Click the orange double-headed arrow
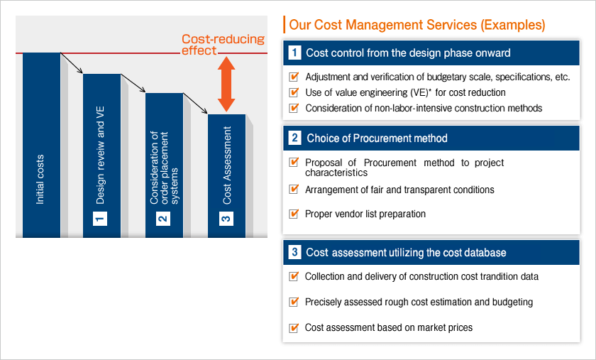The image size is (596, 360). coord(226,84)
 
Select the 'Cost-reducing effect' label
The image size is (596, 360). coord(223,45)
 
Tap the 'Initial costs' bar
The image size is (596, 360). coord(41,145)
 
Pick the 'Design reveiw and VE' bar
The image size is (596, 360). coord(102,156)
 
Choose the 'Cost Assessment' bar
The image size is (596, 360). coord(226,176)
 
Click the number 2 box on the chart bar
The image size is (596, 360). coord(162,219)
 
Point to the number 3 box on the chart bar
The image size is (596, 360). coord(226,219)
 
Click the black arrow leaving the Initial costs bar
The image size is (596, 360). coord(72,62)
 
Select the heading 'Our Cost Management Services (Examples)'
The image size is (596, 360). coord(417,25)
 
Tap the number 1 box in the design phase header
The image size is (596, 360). coord(294,53)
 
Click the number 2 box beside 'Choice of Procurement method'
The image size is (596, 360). coord(294,138)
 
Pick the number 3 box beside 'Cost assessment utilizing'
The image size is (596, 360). coord(294,252)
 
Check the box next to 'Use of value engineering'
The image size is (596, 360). coord(294,92)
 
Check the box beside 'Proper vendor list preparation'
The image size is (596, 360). coord(294,214)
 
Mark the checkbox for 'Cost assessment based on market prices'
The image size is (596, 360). coord(294,327)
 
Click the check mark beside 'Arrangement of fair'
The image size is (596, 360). coord(294,189)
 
